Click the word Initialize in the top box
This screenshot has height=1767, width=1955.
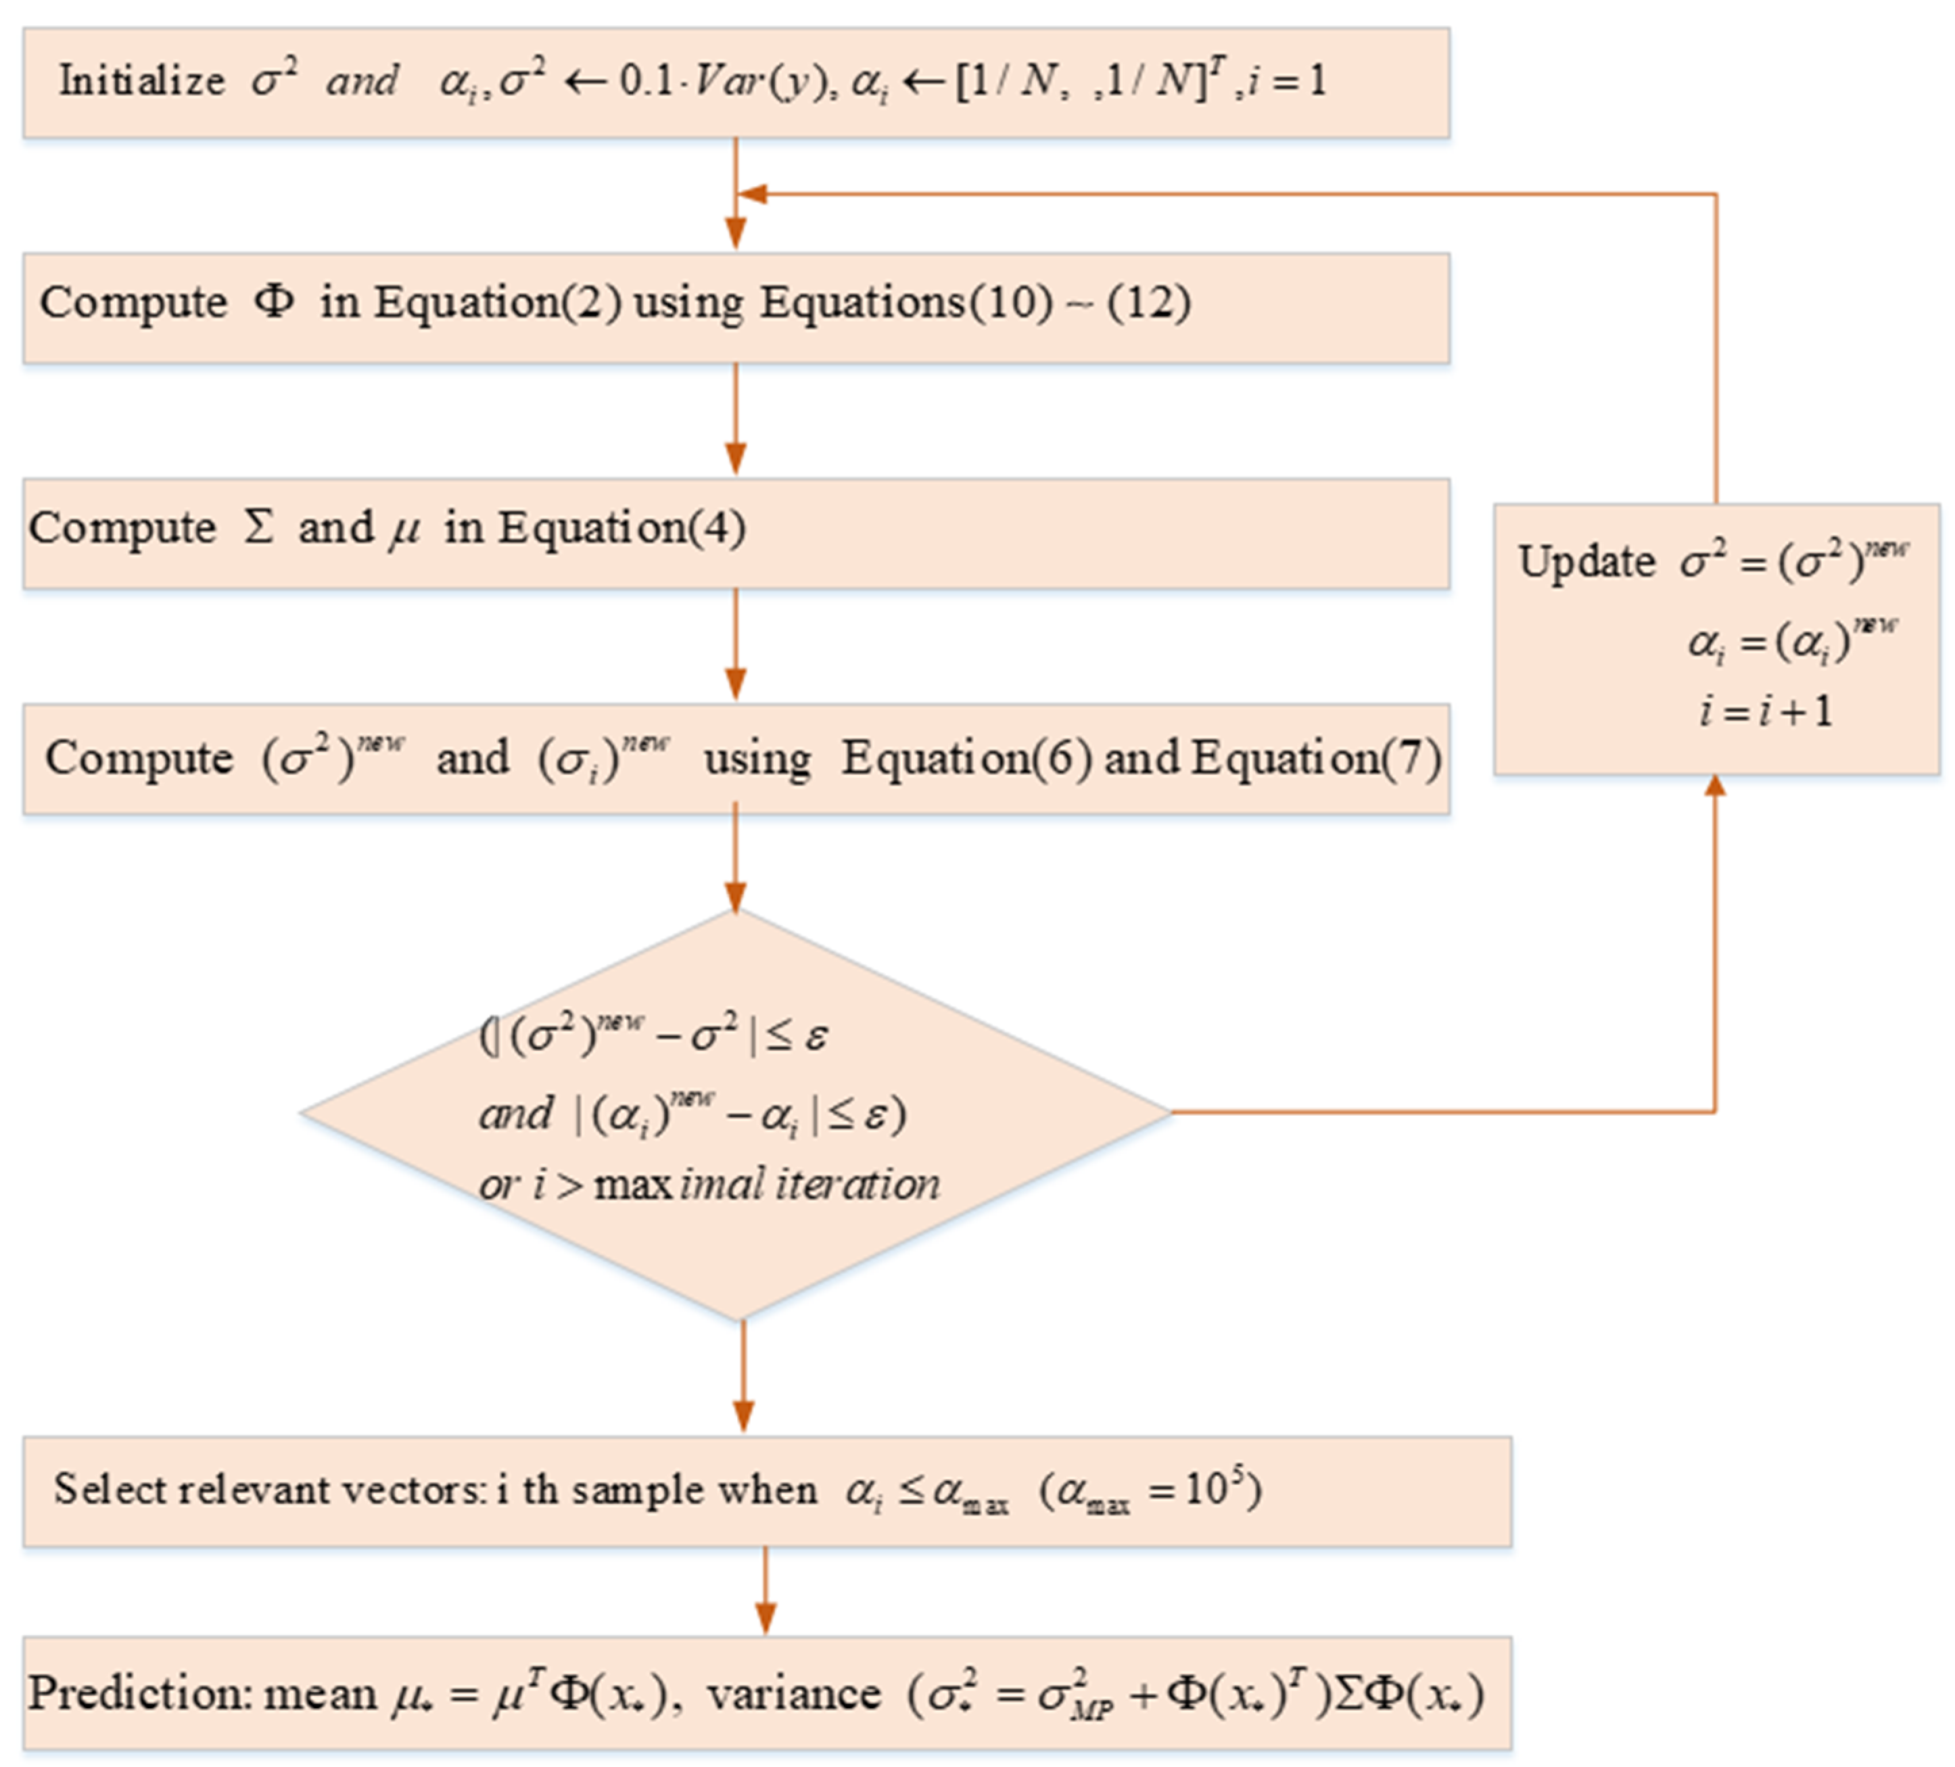pos(141,80)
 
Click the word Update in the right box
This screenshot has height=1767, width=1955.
pos(1586,561)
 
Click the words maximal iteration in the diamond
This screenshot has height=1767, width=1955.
pos(767,1184)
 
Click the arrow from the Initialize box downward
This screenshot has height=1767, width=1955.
pos(736,194)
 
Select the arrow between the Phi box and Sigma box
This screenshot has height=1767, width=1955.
pos(736,420)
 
